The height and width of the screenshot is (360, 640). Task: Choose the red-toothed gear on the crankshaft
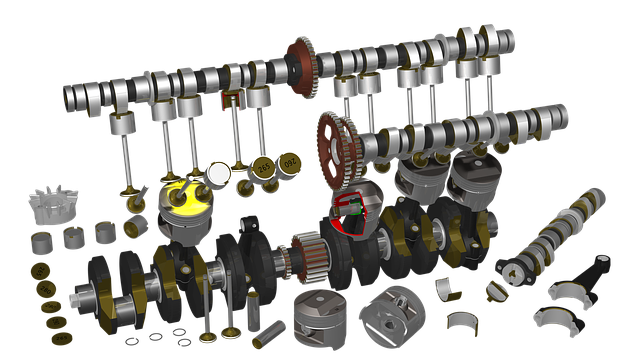tap(309, 254)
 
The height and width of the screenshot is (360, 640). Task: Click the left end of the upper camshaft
tap(69, 98)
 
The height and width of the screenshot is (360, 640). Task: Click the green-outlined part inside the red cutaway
tap(349, 206)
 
